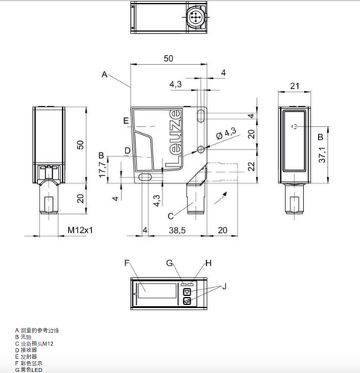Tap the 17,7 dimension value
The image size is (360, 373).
click(x=102, y=169)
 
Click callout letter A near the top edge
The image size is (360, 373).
click(x=105, y=74)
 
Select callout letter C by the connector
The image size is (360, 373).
click(x=170, y=216)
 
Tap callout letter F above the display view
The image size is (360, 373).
click(x=128, y=263)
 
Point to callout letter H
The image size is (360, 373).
click(x=209, y=263)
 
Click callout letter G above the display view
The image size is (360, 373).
click(x=170, y=263)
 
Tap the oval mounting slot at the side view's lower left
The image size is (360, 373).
click(x=144, y=177)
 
